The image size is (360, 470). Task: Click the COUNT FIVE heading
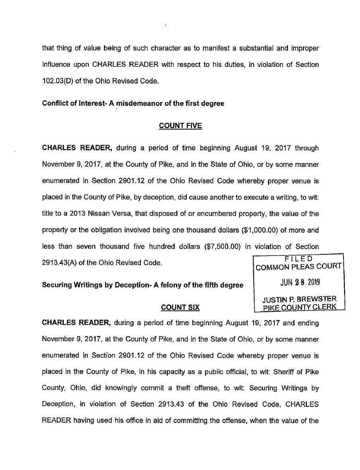coord(180,126)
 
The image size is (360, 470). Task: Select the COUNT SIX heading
coord(180,307)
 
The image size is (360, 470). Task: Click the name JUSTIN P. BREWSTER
coord(299,299)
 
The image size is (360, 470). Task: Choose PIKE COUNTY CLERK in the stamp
coord(299,307)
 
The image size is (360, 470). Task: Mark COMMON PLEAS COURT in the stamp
coord(299,267)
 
